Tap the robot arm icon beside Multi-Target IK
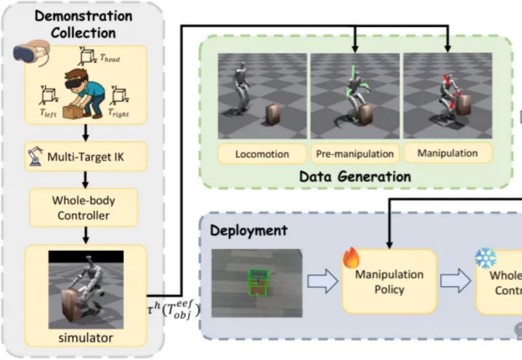(35, 154)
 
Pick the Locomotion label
(262, 154)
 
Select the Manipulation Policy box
(388, 281)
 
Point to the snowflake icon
(485, 257)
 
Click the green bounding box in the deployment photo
(258, 282)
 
